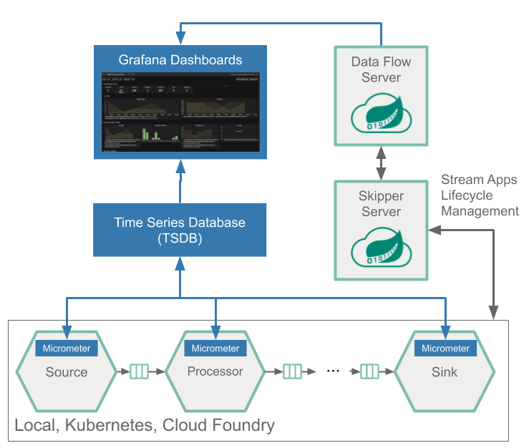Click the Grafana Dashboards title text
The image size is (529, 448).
(180, 59)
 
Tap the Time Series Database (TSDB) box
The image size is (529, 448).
(180, 230)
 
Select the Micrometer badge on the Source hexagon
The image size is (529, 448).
(67, 349)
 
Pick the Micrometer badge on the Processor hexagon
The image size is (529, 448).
(215, 349)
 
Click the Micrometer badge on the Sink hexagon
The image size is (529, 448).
(445, 349)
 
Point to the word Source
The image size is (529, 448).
(67, 372)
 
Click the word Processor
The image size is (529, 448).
(215, 371)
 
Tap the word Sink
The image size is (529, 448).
(445, 372)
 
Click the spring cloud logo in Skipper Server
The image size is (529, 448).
(381, 248)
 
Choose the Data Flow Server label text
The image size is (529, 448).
(381, 69)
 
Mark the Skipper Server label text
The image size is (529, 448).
(381, 203)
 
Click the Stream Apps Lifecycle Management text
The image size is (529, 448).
(479, 195)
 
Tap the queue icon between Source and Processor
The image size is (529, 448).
(140, 371)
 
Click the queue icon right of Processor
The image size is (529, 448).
(291, 371)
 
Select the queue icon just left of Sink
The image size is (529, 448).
(369, 371)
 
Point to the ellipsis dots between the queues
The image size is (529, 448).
(332, 371)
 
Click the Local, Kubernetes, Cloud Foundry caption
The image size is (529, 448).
(145, 426)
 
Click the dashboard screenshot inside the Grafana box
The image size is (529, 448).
(180, 112)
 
